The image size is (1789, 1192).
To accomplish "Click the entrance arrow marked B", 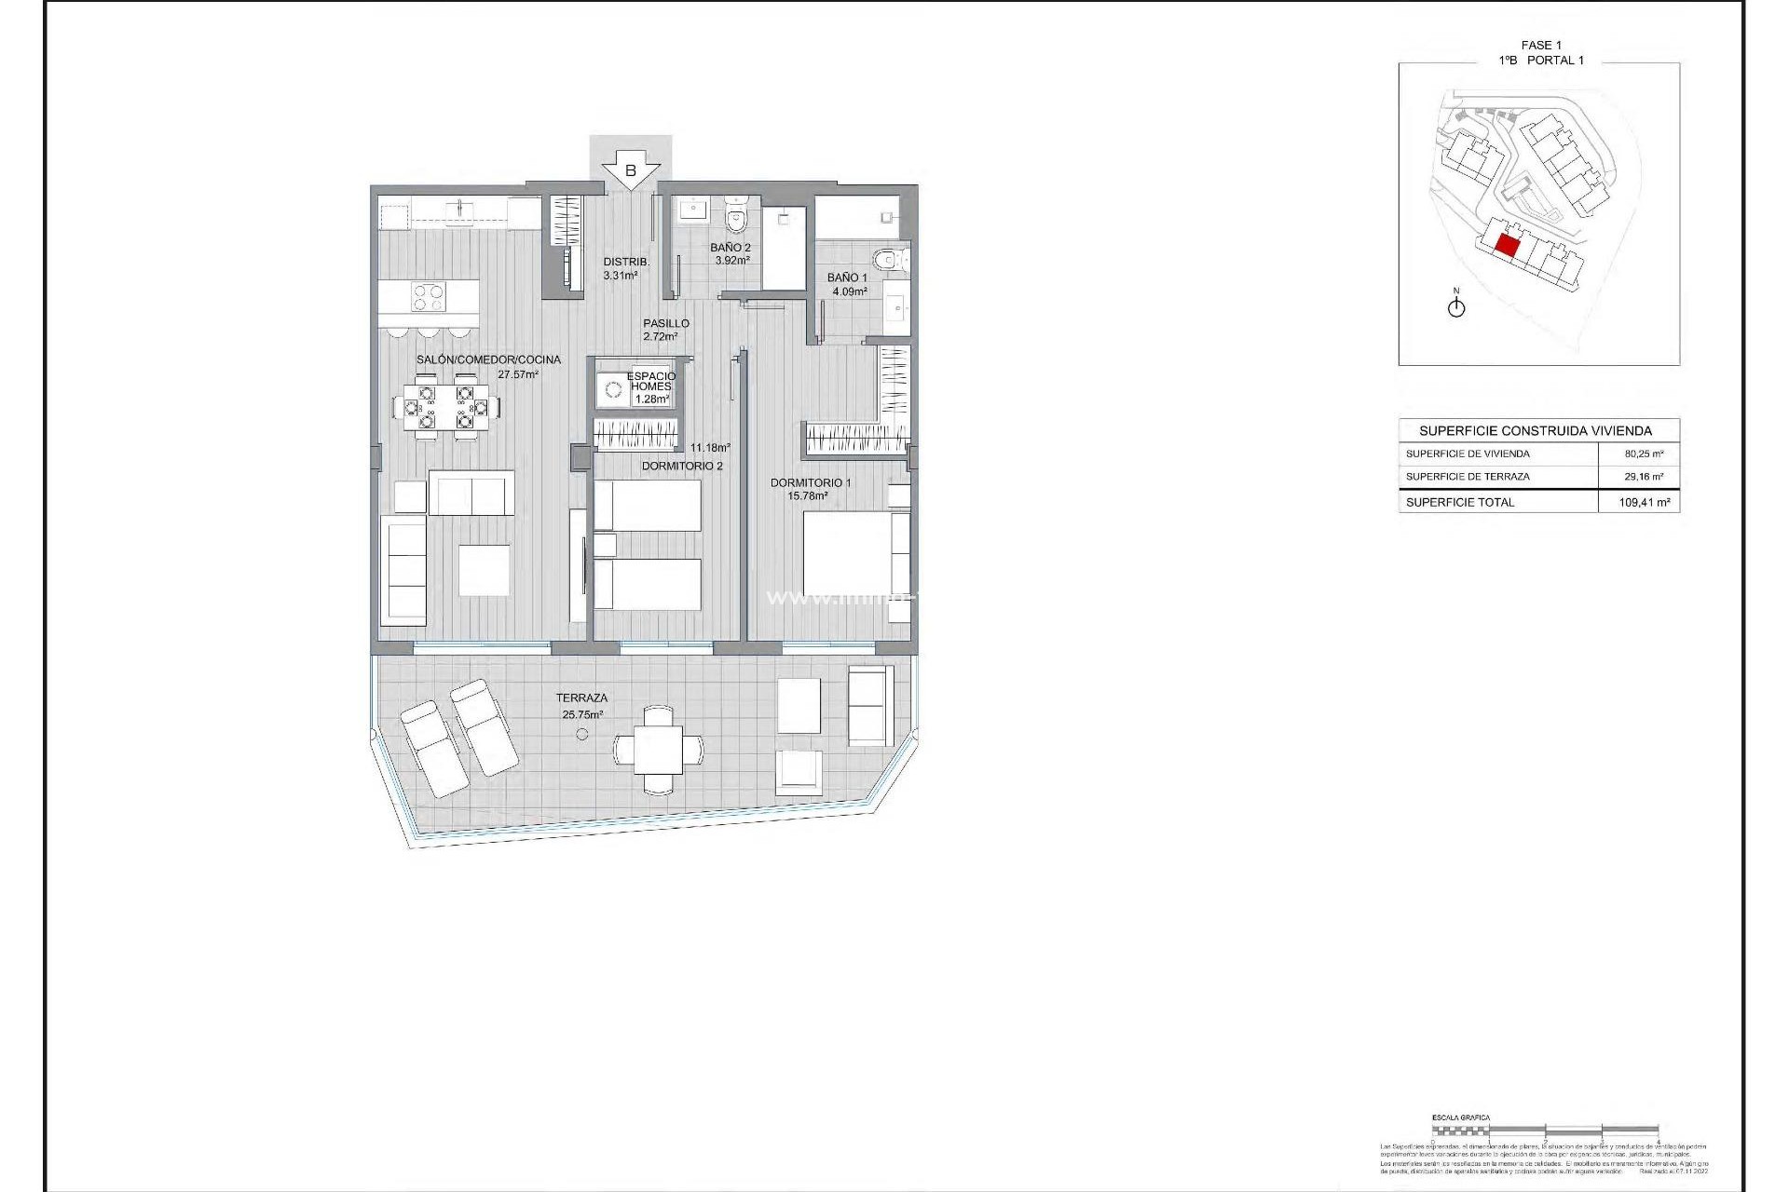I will [x=631, y=170].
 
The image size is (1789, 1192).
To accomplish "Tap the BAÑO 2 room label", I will [x=730, y=248].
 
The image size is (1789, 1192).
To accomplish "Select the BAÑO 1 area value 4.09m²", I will [x=849, y=291].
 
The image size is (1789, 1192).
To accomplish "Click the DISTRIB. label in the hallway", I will [x=626, y=262].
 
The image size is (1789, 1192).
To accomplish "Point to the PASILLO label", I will [x=665, y=323].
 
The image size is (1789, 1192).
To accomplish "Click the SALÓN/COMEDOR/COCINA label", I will [x=488, y=359].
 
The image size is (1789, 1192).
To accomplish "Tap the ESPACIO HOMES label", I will [x=650, y=382].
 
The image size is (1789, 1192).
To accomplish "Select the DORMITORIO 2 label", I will [x=682, y=466].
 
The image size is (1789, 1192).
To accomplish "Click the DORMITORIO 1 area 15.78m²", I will [x=808, y=496].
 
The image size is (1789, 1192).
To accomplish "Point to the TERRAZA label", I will [x=581, y=698].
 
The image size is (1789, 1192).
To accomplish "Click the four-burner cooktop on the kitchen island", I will [x=429, y=298].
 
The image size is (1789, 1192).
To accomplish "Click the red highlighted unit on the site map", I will [x=1507, y=247].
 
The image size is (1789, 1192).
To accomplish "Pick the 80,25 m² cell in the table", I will [x=1644, y=454].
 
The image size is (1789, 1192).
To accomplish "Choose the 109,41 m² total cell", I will [x=1644, y=502].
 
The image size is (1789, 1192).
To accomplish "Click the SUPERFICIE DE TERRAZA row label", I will [x=1468, y=477].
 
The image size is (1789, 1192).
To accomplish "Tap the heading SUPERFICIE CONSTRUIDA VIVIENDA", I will [x=1535, y=430].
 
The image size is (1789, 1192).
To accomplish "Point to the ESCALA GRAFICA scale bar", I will [x=1545, y=1130].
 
